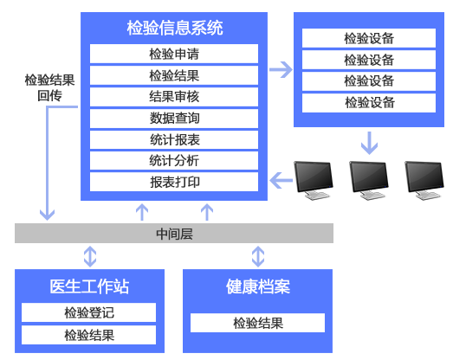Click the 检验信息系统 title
(x=175, y=28)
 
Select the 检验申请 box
(x=174, y=54)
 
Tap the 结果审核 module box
(x=174, y=97)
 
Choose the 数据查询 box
(x=174, y=119)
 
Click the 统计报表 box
(x=174, y=139)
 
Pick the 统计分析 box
(x=174, y=161)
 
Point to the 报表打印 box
(x=174, y=182)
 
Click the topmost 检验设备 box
(x=369, y=38)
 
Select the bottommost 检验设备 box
(x=369, y=103)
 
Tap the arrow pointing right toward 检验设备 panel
(x=281, y=69)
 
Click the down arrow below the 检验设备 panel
(x=369, y=143)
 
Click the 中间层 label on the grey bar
(x=174, y=234)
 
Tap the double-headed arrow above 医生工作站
(x=90, y=256)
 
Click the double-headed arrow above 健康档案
(x=258, y=256)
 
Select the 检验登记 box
(x=88, y=312)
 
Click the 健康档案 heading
(x=258, y=286)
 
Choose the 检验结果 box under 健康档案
(x=258, y=323)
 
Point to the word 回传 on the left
(x=49, y=95)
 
